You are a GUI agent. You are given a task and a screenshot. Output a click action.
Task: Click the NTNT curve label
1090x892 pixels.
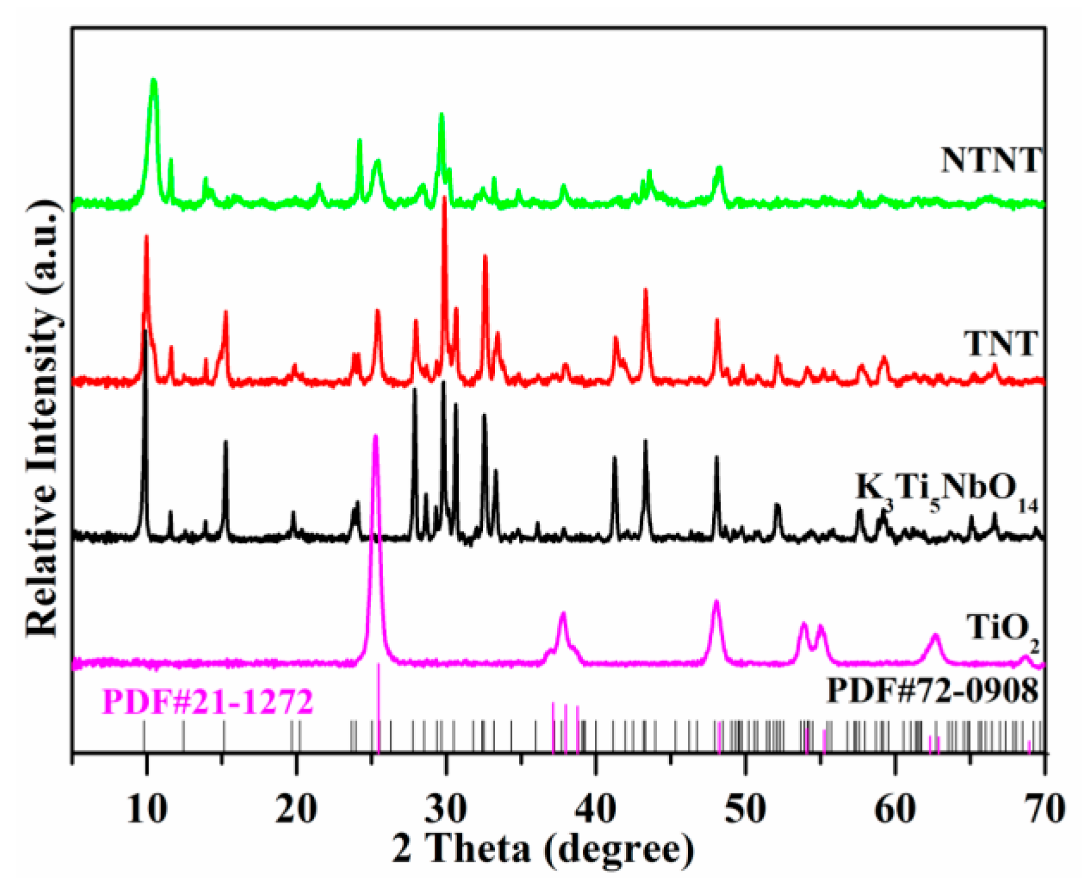(x=989, y=161)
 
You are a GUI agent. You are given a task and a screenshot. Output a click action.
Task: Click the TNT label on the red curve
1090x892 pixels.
(x=1000, y=345)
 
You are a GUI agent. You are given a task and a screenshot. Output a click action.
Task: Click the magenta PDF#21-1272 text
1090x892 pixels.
(x=207, y=702)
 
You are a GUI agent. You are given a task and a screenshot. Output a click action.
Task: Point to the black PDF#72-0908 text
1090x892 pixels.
(x=933, y=690)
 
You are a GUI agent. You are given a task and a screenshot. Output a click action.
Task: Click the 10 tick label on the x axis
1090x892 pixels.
(x=147, y=809)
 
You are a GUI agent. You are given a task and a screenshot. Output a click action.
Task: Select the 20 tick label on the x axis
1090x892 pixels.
(x=296, y=809)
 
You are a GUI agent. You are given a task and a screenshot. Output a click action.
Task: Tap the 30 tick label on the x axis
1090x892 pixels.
(x=446, y=809)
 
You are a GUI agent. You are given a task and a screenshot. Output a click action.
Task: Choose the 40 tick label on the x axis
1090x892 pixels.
(x=595, y=809)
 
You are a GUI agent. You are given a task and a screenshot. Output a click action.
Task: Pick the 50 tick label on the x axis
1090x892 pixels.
(x=745, y=809)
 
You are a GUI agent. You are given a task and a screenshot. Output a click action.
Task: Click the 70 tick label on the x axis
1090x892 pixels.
(x=1043, y=809)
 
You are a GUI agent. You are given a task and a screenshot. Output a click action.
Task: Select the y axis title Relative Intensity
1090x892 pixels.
(x=43, y=417)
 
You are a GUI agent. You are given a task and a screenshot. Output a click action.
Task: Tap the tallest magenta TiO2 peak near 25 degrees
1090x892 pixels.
(x=376, y=437)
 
